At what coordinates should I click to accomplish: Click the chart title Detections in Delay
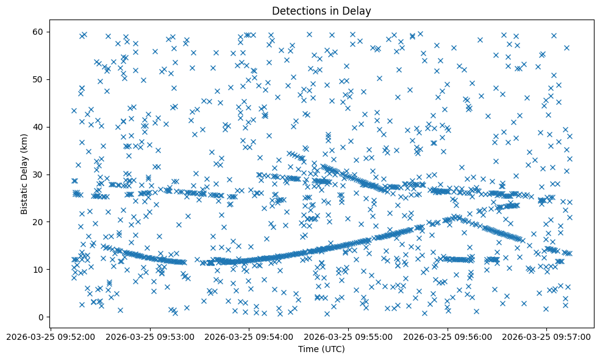[321, 11]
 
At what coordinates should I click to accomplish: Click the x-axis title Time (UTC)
[321, 349]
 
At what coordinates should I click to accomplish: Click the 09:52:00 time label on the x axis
[51, 336]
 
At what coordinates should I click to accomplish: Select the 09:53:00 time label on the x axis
[150, 336]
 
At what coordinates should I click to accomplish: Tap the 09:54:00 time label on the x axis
[249, 336]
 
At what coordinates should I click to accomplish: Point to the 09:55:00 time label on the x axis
[348, 336]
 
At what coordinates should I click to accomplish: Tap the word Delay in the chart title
[358, 11]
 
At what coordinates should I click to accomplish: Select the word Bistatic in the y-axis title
[24, 197]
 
